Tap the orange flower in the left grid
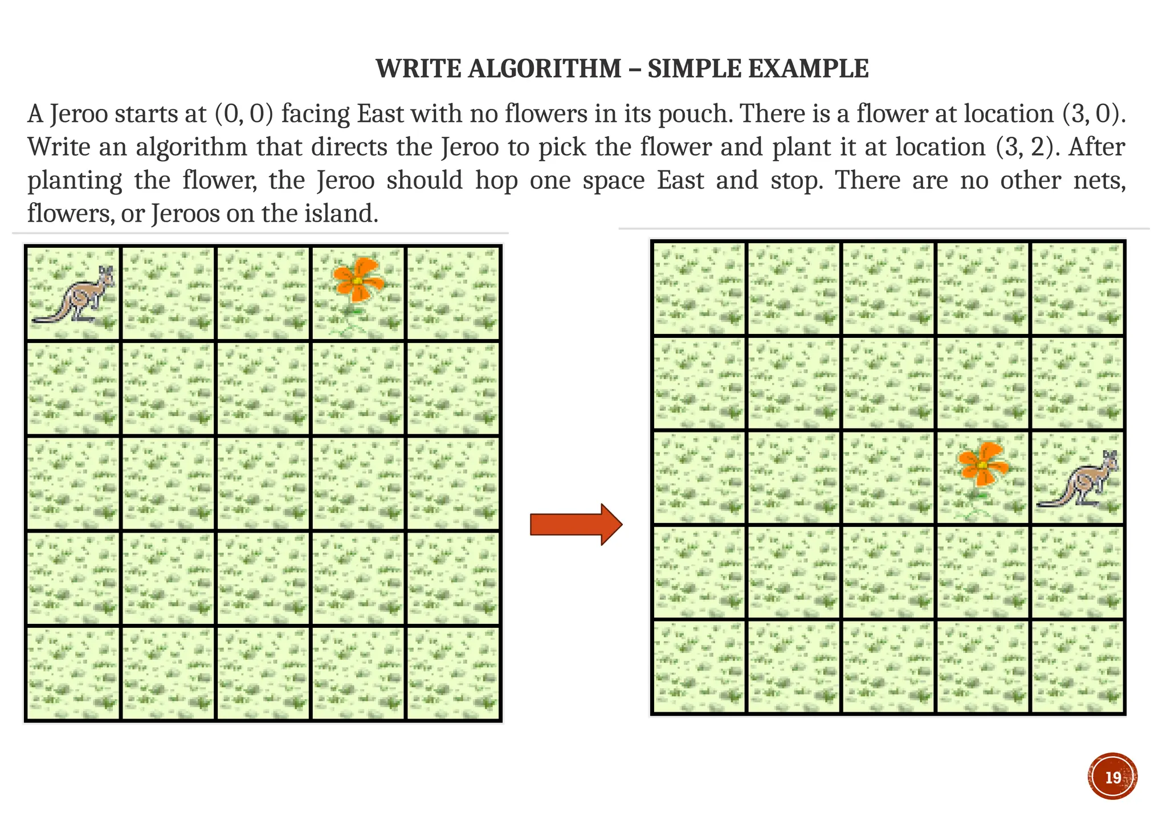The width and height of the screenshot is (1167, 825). click(x=358, y=280)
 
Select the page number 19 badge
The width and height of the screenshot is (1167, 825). click(x=1112, y=777)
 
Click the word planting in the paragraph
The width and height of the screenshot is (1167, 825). click(x=75, y=181)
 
